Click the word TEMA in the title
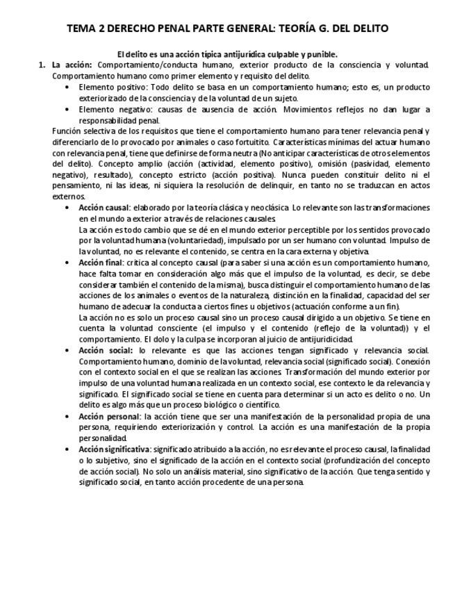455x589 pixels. tap(81, 28)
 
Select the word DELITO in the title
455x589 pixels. tap(367, 28)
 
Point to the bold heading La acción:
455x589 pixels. tap(72, 65)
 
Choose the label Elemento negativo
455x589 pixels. tap(110, 109)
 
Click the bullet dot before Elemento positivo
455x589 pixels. tap(67, 88)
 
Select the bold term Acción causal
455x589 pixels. tap(104, 208)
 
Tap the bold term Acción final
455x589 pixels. tap(101, 263)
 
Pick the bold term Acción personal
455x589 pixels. tap(108, 416)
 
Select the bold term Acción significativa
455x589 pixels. tap(114, 449)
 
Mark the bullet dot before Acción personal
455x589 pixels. tap(67, 417)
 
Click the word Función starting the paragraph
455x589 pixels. tap(67, 131)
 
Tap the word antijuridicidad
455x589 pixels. tap(320, 339)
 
